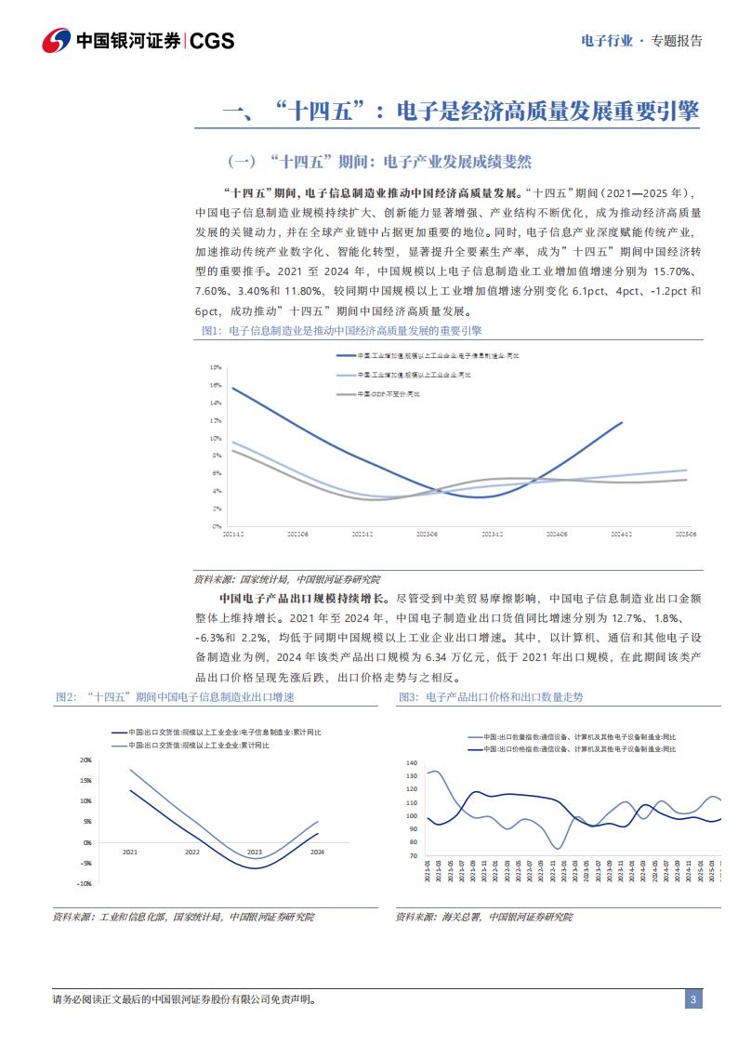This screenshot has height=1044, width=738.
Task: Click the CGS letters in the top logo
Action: click(x=212, y=41)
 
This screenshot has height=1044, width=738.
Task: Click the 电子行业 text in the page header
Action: click(x=606, y=41)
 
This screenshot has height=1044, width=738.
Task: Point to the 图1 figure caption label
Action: click(x=210, y=331)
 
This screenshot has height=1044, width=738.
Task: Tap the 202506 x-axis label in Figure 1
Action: click(x=687, y=535)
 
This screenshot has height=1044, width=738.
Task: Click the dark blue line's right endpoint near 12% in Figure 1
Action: click(x=622, y=422)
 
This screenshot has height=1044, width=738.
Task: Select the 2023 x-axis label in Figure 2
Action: click(x=255, y=852)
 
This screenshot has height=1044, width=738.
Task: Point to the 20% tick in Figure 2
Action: click(x=85, y=760)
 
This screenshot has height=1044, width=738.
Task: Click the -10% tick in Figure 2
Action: click(x=84, y=884)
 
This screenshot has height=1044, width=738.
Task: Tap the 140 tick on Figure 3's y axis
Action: click(x=413, y=762)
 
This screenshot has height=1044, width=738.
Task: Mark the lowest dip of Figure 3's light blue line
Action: click(x=557, y=848)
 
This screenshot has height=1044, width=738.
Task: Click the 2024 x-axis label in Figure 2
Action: click(x=317, y=852)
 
